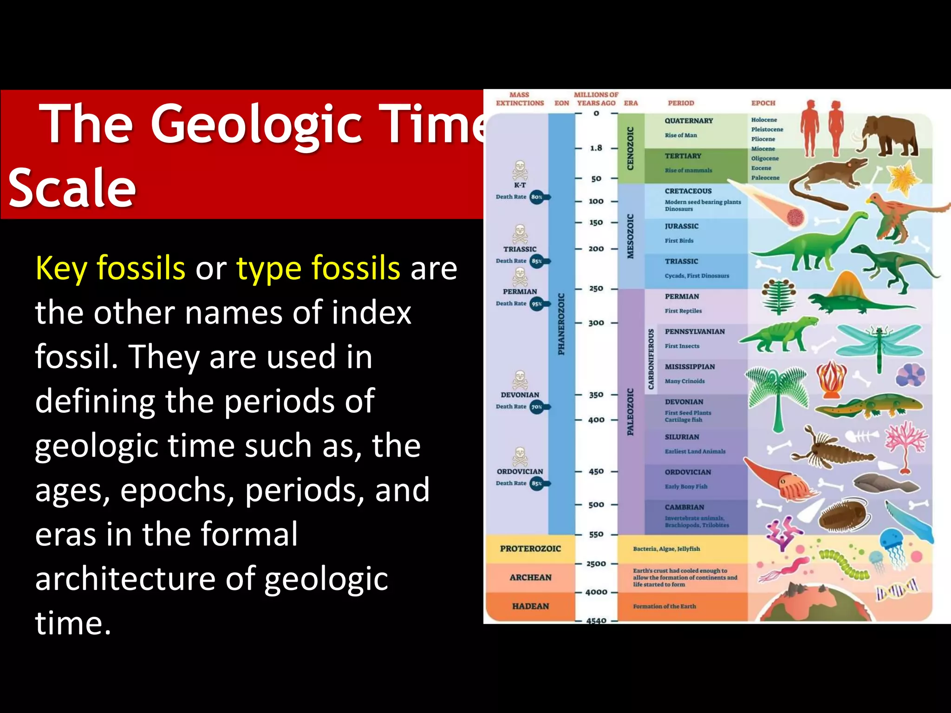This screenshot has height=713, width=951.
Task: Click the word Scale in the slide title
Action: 72,188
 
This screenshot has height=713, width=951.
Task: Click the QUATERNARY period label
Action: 689,121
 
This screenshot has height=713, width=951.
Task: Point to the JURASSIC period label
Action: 681,226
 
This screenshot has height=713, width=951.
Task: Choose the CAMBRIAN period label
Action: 684,507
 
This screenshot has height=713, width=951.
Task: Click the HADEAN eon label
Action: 530,606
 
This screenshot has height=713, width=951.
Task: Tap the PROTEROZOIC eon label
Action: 530,549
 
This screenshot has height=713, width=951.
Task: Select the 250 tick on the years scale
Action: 596,289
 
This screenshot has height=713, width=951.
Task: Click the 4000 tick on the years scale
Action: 596,592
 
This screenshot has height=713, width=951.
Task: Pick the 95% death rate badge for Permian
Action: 537,304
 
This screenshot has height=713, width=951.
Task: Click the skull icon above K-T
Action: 520,170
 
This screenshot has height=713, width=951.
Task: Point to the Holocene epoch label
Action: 764,120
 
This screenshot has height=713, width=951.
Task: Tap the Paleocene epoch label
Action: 765,178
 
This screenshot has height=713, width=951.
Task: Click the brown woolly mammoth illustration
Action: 887,135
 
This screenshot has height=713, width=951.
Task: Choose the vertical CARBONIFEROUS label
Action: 651,359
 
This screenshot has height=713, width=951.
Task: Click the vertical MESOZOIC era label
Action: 630,236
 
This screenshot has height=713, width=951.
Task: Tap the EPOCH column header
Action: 763,103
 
